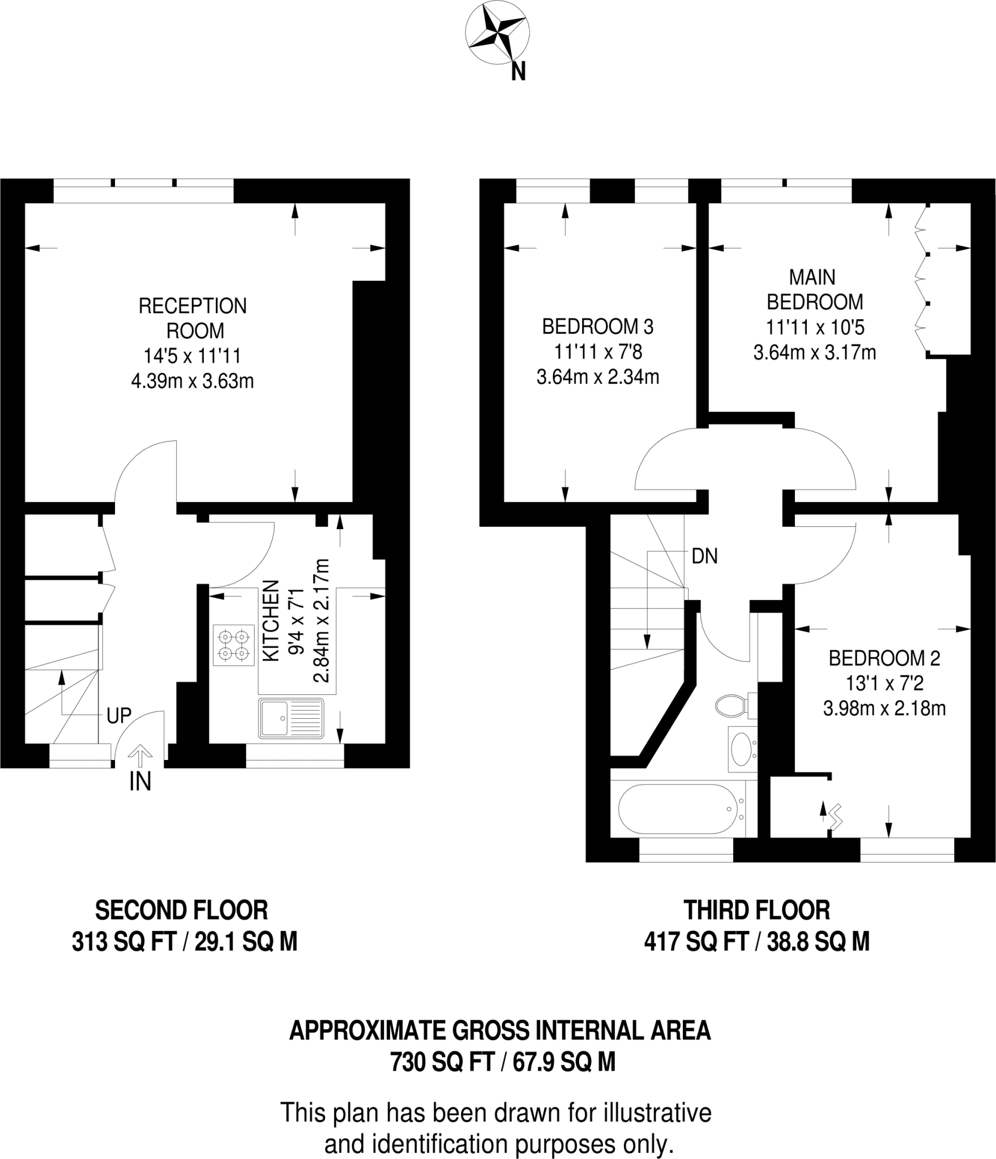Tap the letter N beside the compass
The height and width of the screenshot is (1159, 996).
tap(518, 71)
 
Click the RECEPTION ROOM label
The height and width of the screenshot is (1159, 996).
tap(193, 318)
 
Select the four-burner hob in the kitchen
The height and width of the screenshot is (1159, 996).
tap(234, 645)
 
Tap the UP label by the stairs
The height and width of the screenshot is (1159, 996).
tap(119, 716)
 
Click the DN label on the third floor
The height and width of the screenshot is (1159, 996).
tap(704, 556)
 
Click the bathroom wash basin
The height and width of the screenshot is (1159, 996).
tap(741, 749)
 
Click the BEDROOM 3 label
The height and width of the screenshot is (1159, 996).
tap(597, 327)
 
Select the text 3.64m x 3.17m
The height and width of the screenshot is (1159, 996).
tap(814, 353)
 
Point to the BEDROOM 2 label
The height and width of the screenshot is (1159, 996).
tap(884, 658)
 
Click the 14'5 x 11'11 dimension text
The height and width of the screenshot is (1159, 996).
tap(193, 356)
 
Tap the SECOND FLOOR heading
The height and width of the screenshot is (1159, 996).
tap(181, 911)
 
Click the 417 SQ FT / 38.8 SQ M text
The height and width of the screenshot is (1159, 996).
tap(756, 942)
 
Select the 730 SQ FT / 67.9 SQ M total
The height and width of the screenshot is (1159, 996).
tap(502, 1062)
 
